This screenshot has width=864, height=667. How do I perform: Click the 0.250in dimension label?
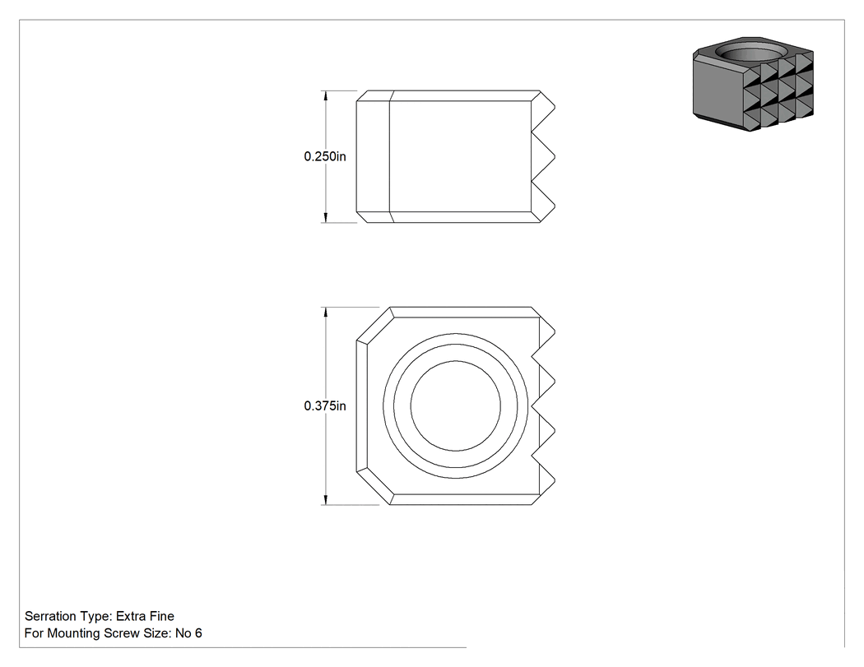tap(325, 156)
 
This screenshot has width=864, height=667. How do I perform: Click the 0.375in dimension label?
tap(325, 406)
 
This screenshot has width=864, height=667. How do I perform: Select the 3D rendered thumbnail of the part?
tap(753, 84)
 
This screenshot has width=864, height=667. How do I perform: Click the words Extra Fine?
tap(145, 616)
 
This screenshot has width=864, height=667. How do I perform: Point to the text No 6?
tap(188, 633)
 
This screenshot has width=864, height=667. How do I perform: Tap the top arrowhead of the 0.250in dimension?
tap(326, 96)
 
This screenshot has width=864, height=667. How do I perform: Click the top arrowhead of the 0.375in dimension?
tap(326, 313)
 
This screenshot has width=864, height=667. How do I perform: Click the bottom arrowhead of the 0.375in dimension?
tap(326, 499)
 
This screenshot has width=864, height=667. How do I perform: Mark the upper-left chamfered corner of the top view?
tap(374, 324)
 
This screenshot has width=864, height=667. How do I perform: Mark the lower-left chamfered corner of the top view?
tap(374, 488)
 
